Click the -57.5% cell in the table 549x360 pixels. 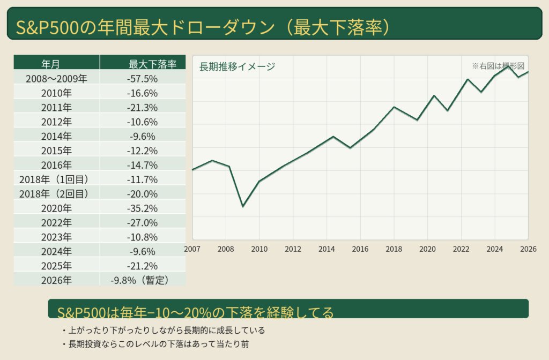pos(142,79)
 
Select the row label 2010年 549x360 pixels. pos(56,93)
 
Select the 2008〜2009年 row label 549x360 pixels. pos(56,79)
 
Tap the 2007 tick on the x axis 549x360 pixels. pos(192,249)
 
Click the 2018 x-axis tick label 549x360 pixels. pos(394,249)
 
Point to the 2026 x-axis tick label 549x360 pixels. pos(528,249)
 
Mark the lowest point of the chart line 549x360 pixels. pos(243,206)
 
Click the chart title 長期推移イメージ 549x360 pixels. pos(237,67)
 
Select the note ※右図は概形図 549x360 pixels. pos(498,66)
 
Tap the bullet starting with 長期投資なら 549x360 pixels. pos(159,344)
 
